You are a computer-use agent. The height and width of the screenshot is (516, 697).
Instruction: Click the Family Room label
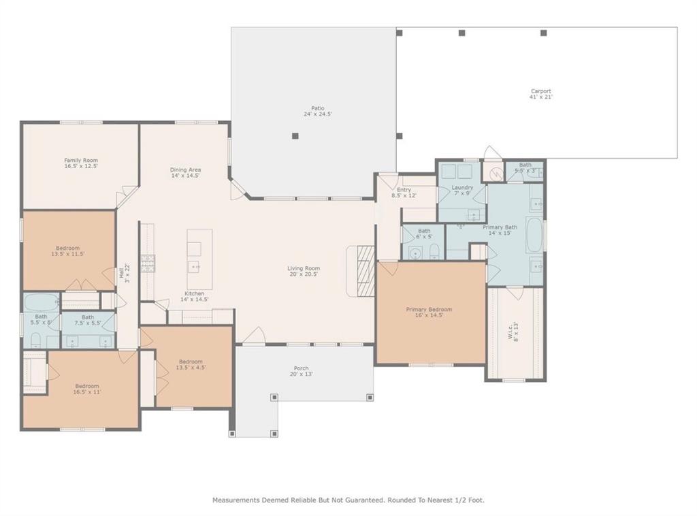tap(81, 163)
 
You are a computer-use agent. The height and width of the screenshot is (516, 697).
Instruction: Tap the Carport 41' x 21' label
tap(540, 94)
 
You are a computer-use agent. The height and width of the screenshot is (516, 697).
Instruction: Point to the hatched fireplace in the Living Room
tap(366, 270)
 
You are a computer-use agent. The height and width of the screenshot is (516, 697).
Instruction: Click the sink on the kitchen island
tap(194, 267)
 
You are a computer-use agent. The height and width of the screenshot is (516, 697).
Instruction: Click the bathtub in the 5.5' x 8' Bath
tap(40, 301)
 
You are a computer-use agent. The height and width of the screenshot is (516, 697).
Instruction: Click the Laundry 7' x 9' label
tap(462, 190)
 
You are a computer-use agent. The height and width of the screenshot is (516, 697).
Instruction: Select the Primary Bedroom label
tap(429, 312)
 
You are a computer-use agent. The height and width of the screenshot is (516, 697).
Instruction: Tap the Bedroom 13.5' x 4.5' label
tap(191, 364)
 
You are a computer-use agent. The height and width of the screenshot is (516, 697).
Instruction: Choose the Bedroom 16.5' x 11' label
tap(87, 389)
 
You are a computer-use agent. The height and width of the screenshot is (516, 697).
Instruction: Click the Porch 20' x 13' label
tap(301, 371)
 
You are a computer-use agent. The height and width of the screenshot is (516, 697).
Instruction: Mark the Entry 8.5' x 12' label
tap(404, 193)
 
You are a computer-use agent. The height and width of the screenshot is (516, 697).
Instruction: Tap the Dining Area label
tap(185, 173)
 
